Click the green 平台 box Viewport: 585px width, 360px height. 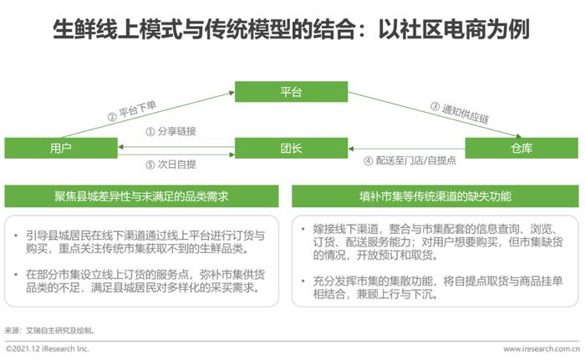291,92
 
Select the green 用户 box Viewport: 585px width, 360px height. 61,148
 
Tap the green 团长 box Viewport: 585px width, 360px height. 291,148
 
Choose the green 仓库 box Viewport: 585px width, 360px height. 521,148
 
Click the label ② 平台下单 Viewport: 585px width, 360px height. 132,111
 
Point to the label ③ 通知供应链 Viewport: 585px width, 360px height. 460,113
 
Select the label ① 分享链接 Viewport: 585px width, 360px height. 170,131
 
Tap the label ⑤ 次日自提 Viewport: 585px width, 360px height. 170,165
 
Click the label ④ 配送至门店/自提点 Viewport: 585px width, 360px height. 409,160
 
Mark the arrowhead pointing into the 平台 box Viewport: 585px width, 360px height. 232,93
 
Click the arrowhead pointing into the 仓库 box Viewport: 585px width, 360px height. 519,136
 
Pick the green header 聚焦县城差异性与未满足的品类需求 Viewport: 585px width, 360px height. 141,196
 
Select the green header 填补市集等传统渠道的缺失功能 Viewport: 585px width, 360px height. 435,196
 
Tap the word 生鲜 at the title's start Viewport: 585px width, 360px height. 74,29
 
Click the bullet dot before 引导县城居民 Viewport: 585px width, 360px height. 16,236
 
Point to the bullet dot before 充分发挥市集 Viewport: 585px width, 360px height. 303,281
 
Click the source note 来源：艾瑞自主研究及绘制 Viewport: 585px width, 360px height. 49,331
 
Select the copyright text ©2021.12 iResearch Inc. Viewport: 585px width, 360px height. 48,349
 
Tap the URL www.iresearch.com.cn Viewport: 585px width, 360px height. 542,349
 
